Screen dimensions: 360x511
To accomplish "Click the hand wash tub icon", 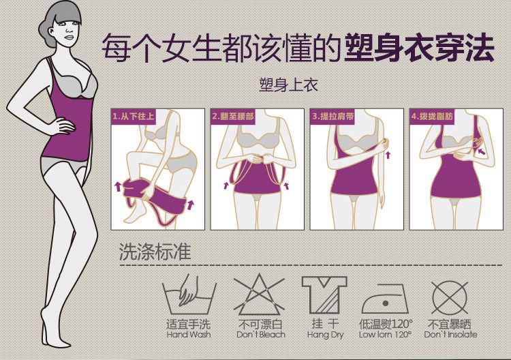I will pos(189,295).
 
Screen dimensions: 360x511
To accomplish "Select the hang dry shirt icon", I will pos(324,295).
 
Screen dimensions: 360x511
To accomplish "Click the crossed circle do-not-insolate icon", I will pos(450,295).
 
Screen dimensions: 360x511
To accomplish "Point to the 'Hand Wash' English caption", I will pos(189,335).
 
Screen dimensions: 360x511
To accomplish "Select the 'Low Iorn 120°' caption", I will pos(385,335).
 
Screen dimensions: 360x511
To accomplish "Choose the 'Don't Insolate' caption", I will pos(450,335).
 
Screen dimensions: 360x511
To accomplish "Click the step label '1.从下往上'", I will pos(134,117).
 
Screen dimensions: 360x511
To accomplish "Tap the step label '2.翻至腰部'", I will pos(233,117).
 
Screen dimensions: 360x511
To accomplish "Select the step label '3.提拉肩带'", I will pos(332,117).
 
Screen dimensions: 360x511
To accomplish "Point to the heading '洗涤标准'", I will pos(155,252).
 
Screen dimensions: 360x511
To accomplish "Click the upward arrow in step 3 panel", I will pos(388,156).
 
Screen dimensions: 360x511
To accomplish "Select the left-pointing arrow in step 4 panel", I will pos(482,152).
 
